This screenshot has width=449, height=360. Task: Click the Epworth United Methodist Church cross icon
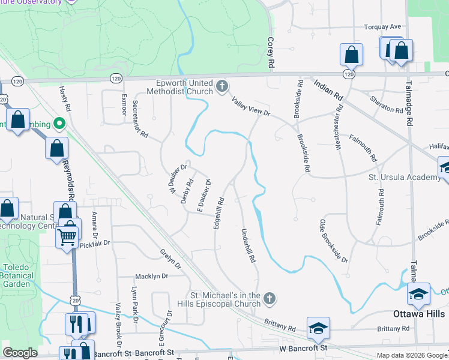click(x=222, y=86)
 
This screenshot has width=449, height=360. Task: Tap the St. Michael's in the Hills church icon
click(x=270, y=298)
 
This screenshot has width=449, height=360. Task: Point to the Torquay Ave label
click(x=382, y=27)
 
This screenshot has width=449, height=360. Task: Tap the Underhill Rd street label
click(x=248, y=246)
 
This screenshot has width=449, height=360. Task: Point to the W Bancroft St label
click(x=303, y=348)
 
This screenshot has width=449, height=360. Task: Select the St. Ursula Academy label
click(x=404, y=177)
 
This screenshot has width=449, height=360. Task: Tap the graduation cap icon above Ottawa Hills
click(x=418, y=293)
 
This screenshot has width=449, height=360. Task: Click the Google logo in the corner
click(x=20, y=353)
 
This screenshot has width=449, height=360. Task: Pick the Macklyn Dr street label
click(x=149, y=276)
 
